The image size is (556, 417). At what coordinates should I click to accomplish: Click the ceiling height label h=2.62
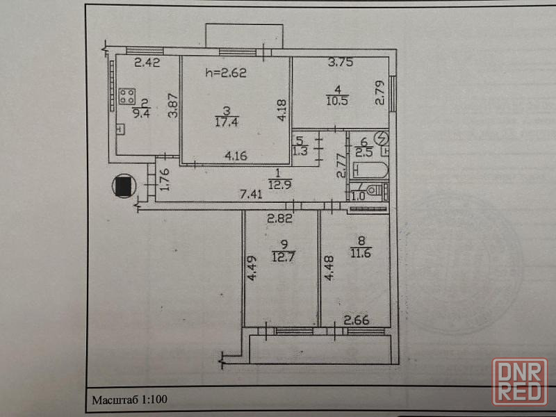[x=227, y=71]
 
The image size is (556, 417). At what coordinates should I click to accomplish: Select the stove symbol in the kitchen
[x=127, y=96]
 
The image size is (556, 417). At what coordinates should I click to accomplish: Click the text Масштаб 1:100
[x=129, y=400]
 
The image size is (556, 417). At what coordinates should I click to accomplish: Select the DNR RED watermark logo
[x=518, y=381]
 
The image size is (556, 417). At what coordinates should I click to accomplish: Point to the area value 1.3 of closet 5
[x=300, y=150]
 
